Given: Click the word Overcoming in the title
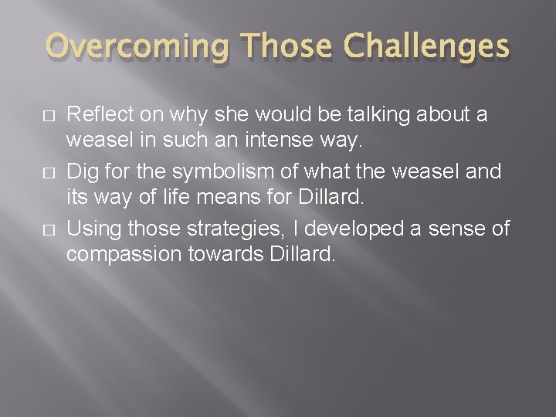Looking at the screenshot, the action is [x=137, y=46].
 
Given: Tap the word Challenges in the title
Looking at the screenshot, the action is [x=426, y=46].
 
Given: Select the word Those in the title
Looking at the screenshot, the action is [x=286, y=46].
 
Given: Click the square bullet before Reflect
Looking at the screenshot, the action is [x=49, y=116].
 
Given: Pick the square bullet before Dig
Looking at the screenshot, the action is [x=49, y=173].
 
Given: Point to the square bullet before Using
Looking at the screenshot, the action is [x=49, y=230].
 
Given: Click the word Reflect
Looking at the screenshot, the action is [x=100, y=114].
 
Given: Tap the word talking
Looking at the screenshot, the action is [x=378, y=115].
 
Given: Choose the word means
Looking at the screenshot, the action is [x=229, y=198].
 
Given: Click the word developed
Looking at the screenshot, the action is [x=354, y=229].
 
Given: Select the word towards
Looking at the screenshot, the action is [x=225, y=254].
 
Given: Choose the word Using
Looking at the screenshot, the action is [x=94, y=229].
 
